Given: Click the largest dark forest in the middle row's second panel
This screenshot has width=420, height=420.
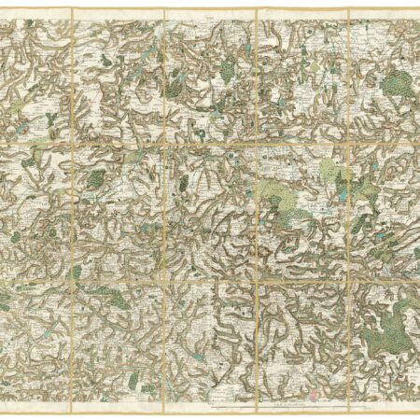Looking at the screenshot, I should (95, 177).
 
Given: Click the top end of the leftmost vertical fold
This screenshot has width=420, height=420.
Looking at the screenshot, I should (71, 8).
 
